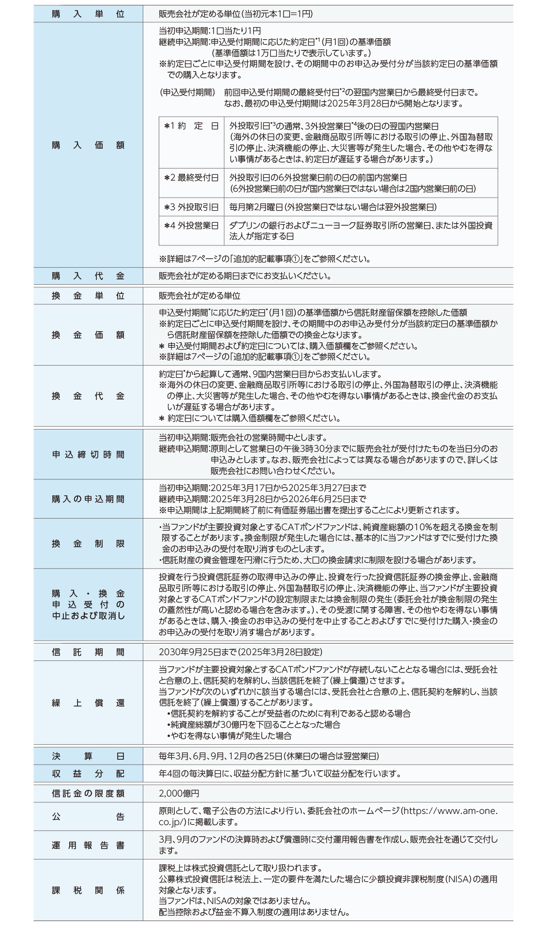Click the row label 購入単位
coord(88,14)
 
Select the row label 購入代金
coord(88,276)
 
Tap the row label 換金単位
coord(88,296)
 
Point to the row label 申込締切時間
coord(88,455)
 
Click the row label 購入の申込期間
coord(88,499)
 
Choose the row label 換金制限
coord(88,544)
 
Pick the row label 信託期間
coord(88,652)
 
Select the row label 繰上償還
coord(88,703)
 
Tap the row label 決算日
coord(88,756)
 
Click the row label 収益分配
coord(88,774)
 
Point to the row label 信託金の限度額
coord(88,794)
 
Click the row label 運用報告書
coord(88,845)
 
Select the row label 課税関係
coord(88,890)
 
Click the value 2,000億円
coord(179,794)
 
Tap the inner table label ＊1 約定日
coord(191,126)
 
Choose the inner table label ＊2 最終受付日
coord(191,178)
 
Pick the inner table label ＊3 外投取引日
coord(191,207)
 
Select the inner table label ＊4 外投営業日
coord(191,226)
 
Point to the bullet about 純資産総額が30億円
coord(254,725)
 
